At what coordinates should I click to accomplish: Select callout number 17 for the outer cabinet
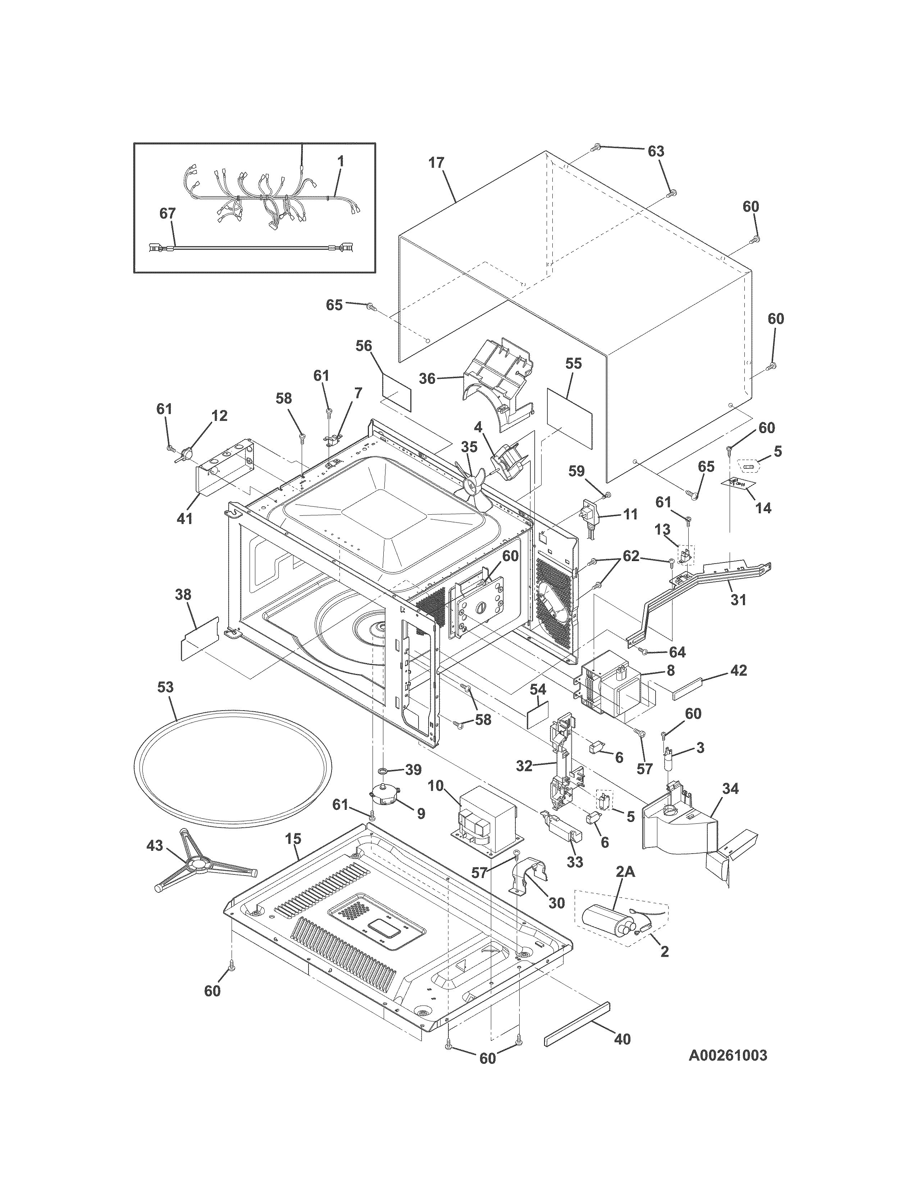(x=436, y=162)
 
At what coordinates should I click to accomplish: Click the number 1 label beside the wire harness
(x=341, y=161)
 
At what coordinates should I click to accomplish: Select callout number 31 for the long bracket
(x=738, y=600)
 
